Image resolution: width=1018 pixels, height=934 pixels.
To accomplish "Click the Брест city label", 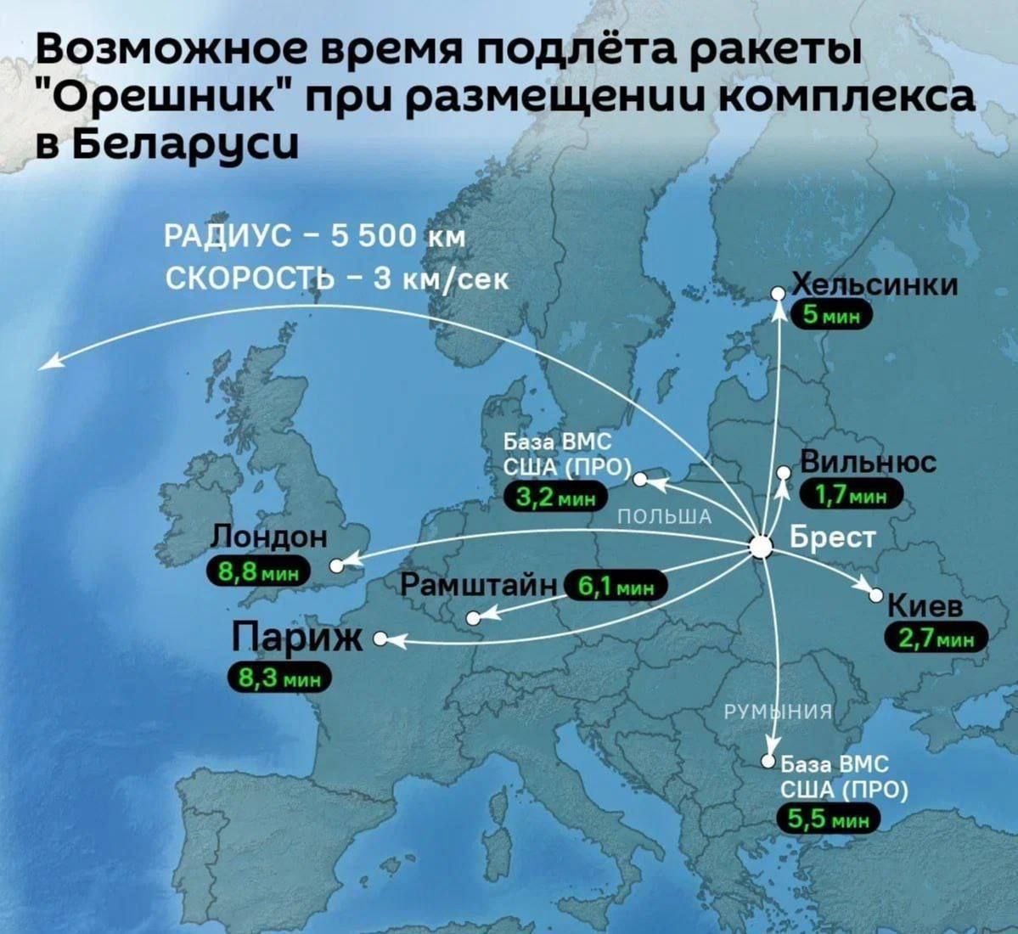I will [832, 538].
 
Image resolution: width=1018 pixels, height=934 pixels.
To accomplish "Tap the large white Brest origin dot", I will [763, 545].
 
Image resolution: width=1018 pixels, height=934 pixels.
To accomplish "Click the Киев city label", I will [925, 607].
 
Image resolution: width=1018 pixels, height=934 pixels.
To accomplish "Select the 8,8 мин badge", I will [260, 571].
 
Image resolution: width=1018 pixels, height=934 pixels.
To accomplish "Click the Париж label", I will [297, 639].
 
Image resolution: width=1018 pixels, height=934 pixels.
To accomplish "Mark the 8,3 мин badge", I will [278, 678].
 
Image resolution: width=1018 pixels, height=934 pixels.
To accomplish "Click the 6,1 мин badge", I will [616, 586].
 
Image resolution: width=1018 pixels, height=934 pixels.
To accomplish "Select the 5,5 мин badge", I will [830, 819].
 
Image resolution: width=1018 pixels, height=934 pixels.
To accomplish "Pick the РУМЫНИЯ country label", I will [775, 712].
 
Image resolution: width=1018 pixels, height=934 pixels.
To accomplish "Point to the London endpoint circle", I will [336, 565].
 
